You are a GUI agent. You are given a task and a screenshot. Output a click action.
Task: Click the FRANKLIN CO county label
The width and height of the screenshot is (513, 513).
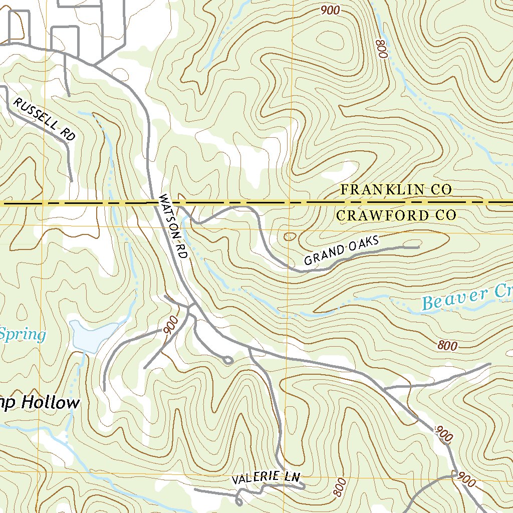[x=396, y=189]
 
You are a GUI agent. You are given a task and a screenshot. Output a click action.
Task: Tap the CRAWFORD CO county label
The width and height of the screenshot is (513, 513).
[x=396, y=216]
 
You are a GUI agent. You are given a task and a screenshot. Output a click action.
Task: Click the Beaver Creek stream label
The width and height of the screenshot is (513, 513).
[x=466, y=298]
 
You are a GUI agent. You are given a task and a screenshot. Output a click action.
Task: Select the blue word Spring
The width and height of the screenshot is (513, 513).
[x=23, y=334]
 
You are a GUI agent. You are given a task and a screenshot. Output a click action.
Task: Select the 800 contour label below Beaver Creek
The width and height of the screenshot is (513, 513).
[x=447, y=345]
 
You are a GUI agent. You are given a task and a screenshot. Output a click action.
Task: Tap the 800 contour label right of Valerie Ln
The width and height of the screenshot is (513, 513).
[x=339, y=488]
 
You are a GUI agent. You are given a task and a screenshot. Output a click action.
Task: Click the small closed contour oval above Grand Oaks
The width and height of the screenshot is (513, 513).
[x=290, y=236]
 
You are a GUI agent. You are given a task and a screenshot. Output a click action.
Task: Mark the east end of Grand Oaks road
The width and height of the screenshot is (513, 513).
[x=418, y=247]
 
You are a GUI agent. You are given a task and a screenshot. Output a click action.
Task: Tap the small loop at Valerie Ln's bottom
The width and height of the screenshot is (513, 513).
[x=238, y=500]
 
